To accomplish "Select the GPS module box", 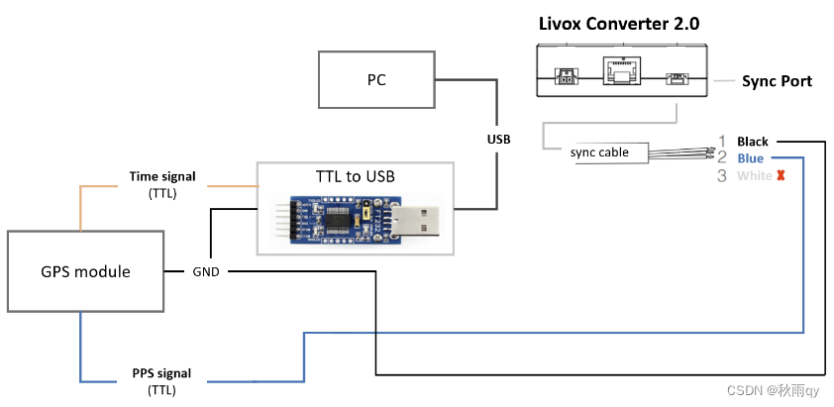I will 86,271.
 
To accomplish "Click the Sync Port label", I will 777,81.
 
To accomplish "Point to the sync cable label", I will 599,153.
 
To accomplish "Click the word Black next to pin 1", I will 752,142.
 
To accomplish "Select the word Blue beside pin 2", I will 750,158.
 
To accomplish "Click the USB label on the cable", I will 498,140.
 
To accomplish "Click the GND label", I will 207,271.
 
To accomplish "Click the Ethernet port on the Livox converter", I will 621,74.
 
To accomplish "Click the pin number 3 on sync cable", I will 722,176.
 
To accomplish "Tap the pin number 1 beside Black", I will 722,142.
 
